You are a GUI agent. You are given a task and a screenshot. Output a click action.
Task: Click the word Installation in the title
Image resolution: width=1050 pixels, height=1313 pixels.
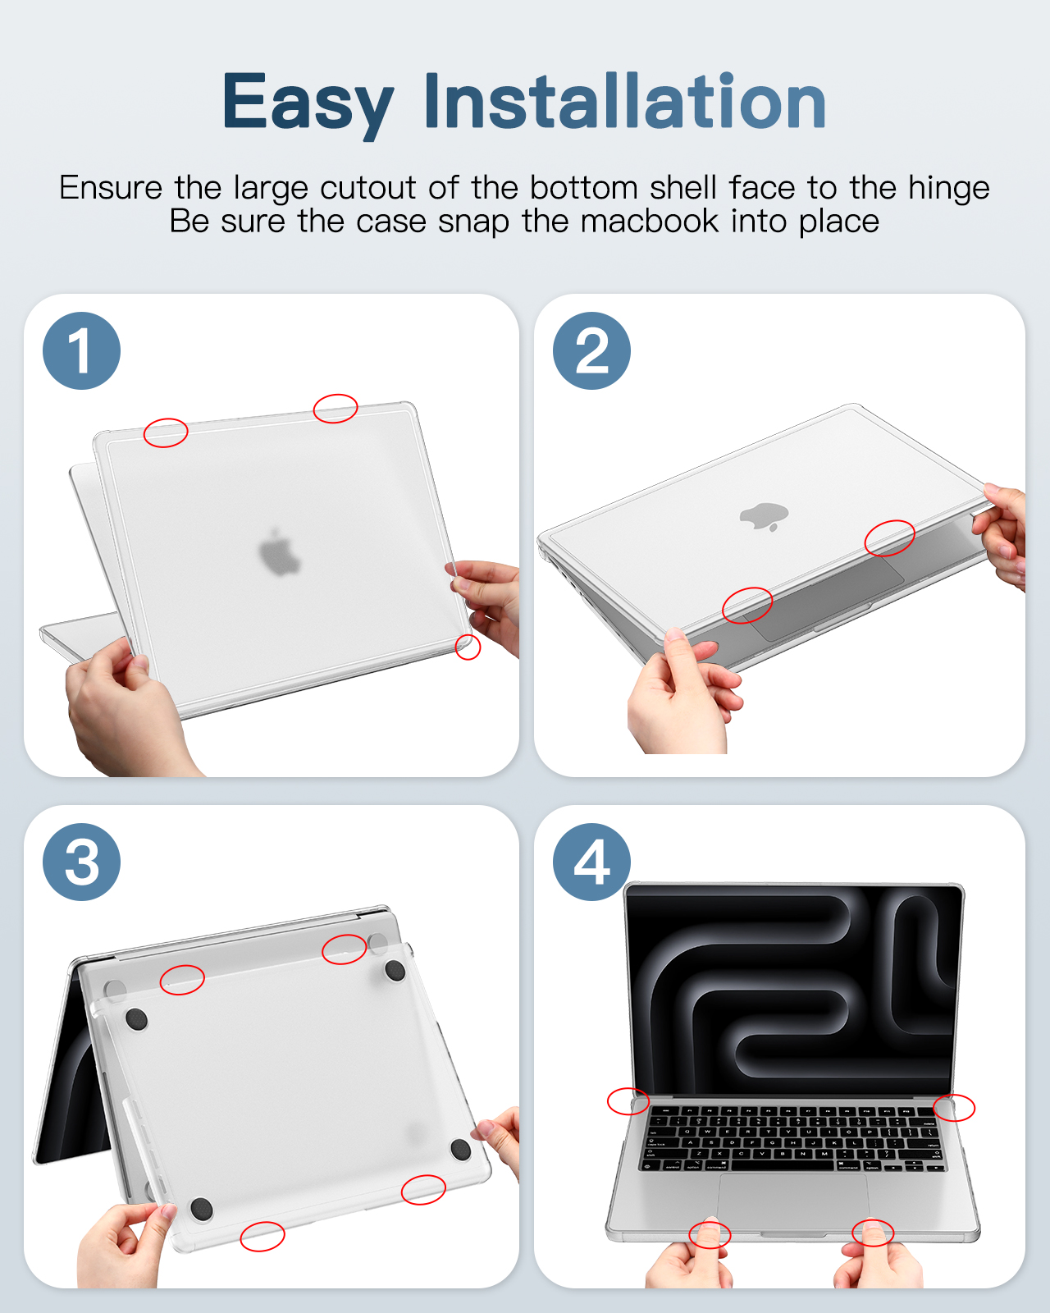tap(625, 100)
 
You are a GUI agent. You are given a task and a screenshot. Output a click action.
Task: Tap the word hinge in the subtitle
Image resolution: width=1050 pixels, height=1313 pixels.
tap(949, 189)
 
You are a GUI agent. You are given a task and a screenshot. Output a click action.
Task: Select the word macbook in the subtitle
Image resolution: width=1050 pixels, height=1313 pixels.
tap(650, 221)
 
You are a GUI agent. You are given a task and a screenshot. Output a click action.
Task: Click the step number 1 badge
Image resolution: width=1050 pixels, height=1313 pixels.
tap(82, 351)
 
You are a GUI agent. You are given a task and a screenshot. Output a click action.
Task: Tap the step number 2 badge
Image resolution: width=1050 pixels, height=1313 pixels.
tap(591, 351)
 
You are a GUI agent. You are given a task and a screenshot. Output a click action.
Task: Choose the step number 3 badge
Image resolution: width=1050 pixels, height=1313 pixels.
tap(82, 862)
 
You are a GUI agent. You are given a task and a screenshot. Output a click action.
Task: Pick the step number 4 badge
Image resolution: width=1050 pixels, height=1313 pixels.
tap(591, 862)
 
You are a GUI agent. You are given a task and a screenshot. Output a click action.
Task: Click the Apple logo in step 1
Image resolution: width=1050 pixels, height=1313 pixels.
tap(280, 553)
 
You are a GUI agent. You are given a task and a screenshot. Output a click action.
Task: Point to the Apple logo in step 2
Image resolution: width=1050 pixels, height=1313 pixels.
tap(764, 516)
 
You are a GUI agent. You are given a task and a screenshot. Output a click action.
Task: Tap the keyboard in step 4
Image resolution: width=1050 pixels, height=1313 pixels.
tap(793, 1138)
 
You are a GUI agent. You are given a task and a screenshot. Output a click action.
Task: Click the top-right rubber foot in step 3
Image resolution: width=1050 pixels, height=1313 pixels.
tap(395, 971)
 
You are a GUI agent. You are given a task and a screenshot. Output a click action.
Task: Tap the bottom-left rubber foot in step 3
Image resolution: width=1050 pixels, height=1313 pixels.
tap(201, 1210)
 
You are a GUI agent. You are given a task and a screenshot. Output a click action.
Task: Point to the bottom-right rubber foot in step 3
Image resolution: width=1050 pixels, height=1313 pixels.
tap(461, 1150)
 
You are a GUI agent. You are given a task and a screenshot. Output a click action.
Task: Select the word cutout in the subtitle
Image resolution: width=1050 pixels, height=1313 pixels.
tap(367, 189)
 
